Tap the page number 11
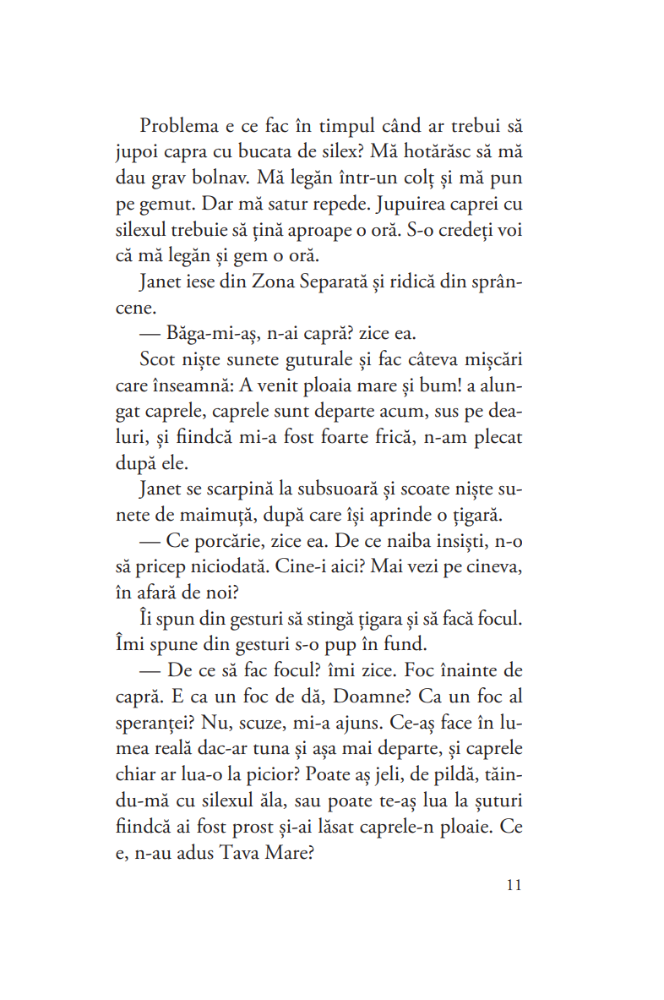(x=514, y=885)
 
